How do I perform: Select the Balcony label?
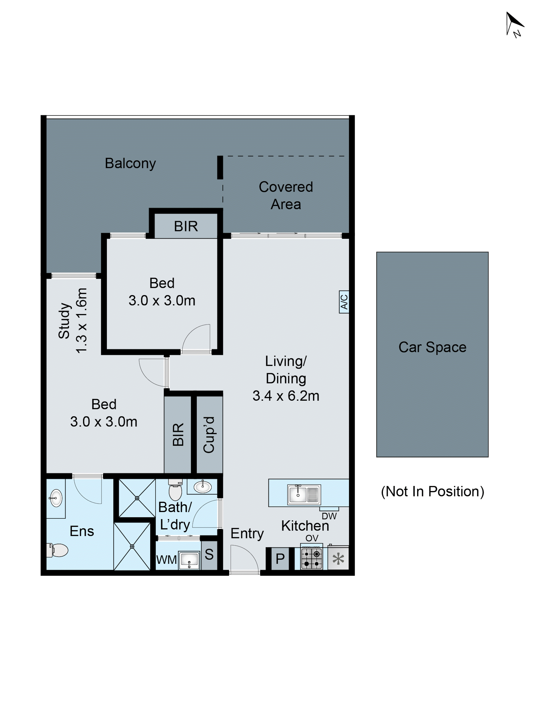(130, 163)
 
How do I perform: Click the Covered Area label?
(286, 195)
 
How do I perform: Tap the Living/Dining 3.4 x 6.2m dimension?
(286, 378)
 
